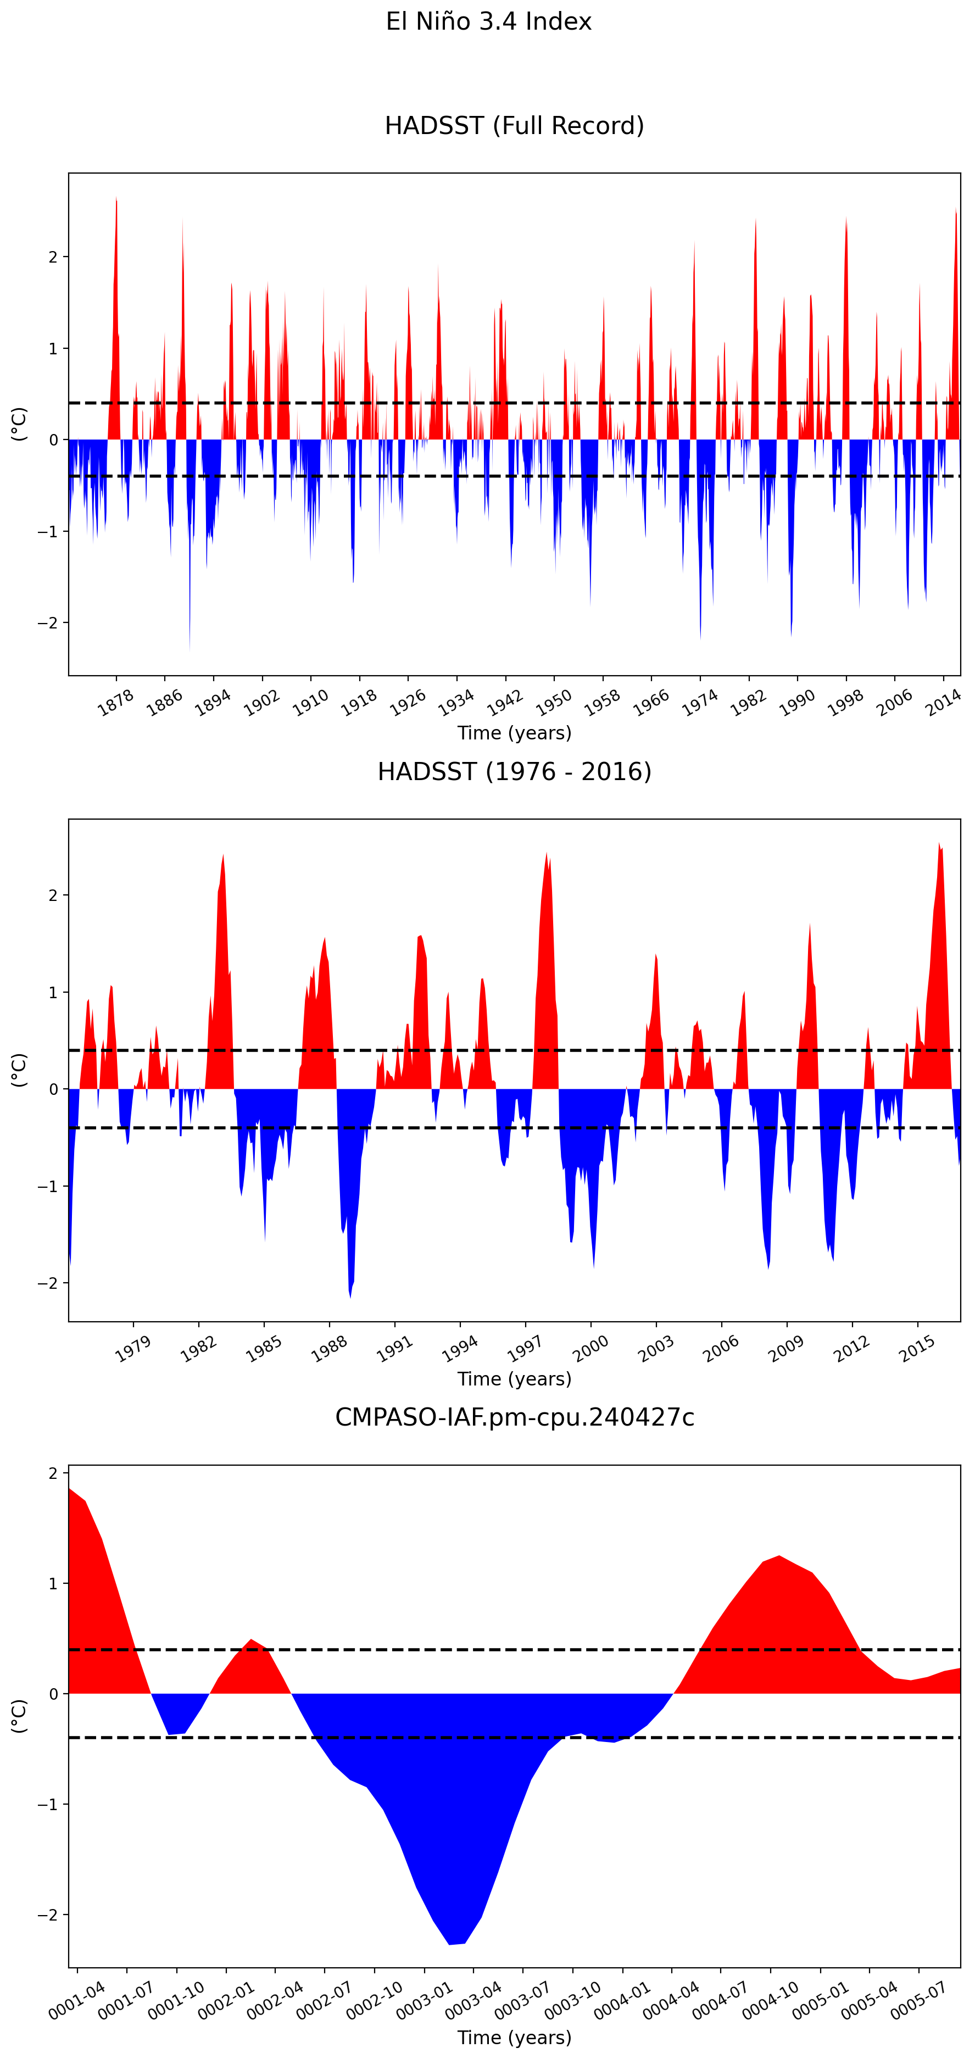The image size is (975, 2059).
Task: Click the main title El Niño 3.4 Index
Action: [x=488, y=21]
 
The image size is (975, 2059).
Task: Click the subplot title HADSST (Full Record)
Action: [x=514, y=125]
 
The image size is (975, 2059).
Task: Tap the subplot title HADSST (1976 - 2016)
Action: [x=514, y=771]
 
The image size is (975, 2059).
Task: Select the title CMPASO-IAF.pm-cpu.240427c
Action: [x=514, y=1417]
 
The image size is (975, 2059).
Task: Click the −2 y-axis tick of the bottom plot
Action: [x=48, y=1915]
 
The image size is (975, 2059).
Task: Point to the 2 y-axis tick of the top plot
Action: [x=53, y=257]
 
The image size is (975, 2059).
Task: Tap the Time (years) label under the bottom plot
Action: [x=514, y=2036]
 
